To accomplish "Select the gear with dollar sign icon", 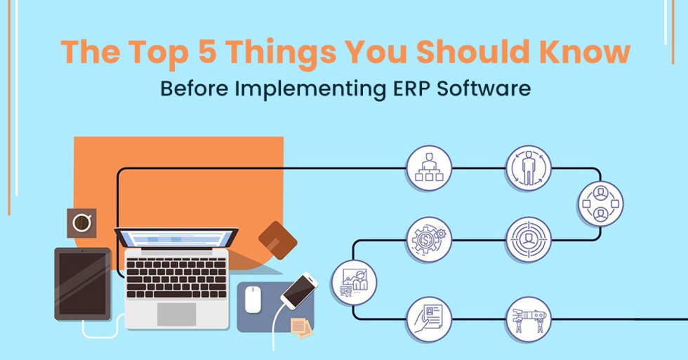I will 429,239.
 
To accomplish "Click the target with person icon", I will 529,239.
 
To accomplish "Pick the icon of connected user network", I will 600,204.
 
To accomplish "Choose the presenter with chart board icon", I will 354,282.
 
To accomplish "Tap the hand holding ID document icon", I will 429,319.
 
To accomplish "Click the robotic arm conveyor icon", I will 529,319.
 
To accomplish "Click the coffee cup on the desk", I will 81,223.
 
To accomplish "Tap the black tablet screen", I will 82,282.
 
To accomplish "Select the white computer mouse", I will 253,300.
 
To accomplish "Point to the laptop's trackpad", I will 176,314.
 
